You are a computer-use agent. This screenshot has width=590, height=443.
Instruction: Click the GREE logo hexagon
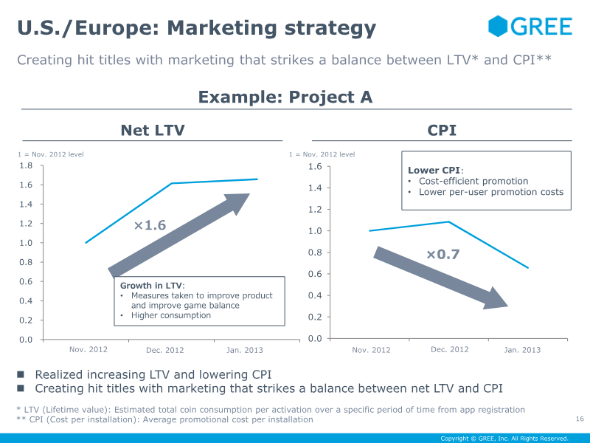[x=499, y=27]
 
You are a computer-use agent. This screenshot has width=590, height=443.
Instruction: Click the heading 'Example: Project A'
[x=285, y=97]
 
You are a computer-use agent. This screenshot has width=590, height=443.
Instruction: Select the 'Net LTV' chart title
[x=153, y=131]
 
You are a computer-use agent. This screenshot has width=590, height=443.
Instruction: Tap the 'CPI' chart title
[x=442, y=131]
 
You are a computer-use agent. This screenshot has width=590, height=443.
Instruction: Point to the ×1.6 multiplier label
[x=150, y=225]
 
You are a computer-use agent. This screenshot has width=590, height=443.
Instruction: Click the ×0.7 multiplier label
[x=442, y=255]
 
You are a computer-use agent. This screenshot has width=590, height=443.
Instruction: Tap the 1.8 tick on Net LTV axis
[x=26, y=166]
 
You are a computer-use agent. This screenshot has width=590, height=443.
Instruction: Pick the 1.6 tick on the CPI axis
[x=314, y=167]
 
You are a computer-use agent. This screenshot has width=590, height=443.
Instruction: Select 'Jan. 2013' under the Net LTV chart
[x=244, y=350]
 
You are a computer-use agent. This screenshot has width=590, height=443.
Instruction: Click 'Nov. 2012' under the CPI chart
[x=371, y=350]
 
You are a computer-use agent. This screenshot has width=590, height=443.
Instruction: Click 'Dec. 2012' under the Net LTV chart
[x=165, y=350]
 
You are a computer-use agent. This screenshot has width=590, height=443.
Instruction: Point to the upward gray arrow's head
[x=240, y=202]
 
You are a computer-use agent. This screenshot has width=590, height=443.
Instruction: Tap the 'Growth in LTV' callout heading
[x=152, y=285]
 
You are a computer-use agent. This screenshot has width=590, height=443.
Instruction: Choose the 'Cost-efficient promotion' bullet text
[x=473, y=181]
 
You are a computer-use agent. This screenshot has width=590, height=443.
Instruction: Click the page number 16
[x=580, y=419]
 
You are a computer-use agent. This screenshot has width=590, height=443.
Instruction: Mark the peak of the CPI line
[x=448, y=221]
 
